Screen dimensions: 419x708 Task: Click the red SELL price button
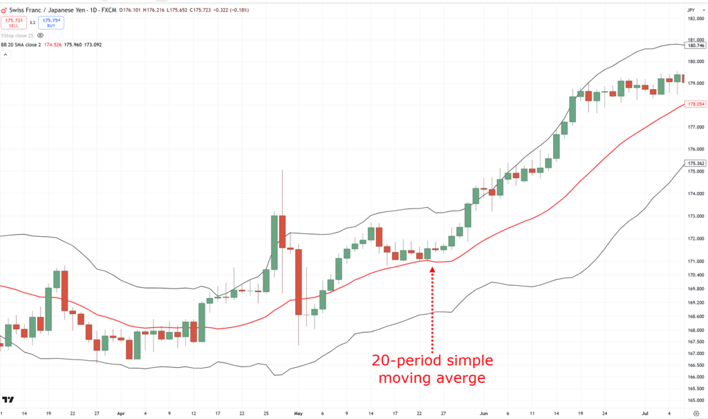[x=14, y=23]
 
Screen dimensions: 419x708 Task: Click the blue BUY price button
[x=51, y=23]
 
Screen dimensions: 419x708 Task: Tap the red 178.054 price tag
[x=694, y=104]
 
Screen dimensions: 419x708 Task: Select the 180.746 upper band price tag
[x=694, y=45]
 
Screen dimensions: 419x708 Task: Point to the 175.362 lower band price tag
[x=694, y=164]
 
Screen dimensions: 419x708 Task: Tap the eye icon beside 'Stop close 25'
[x=40, y=35]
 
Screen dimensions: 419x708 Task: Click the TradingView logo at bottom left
[x=9, y=400]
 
